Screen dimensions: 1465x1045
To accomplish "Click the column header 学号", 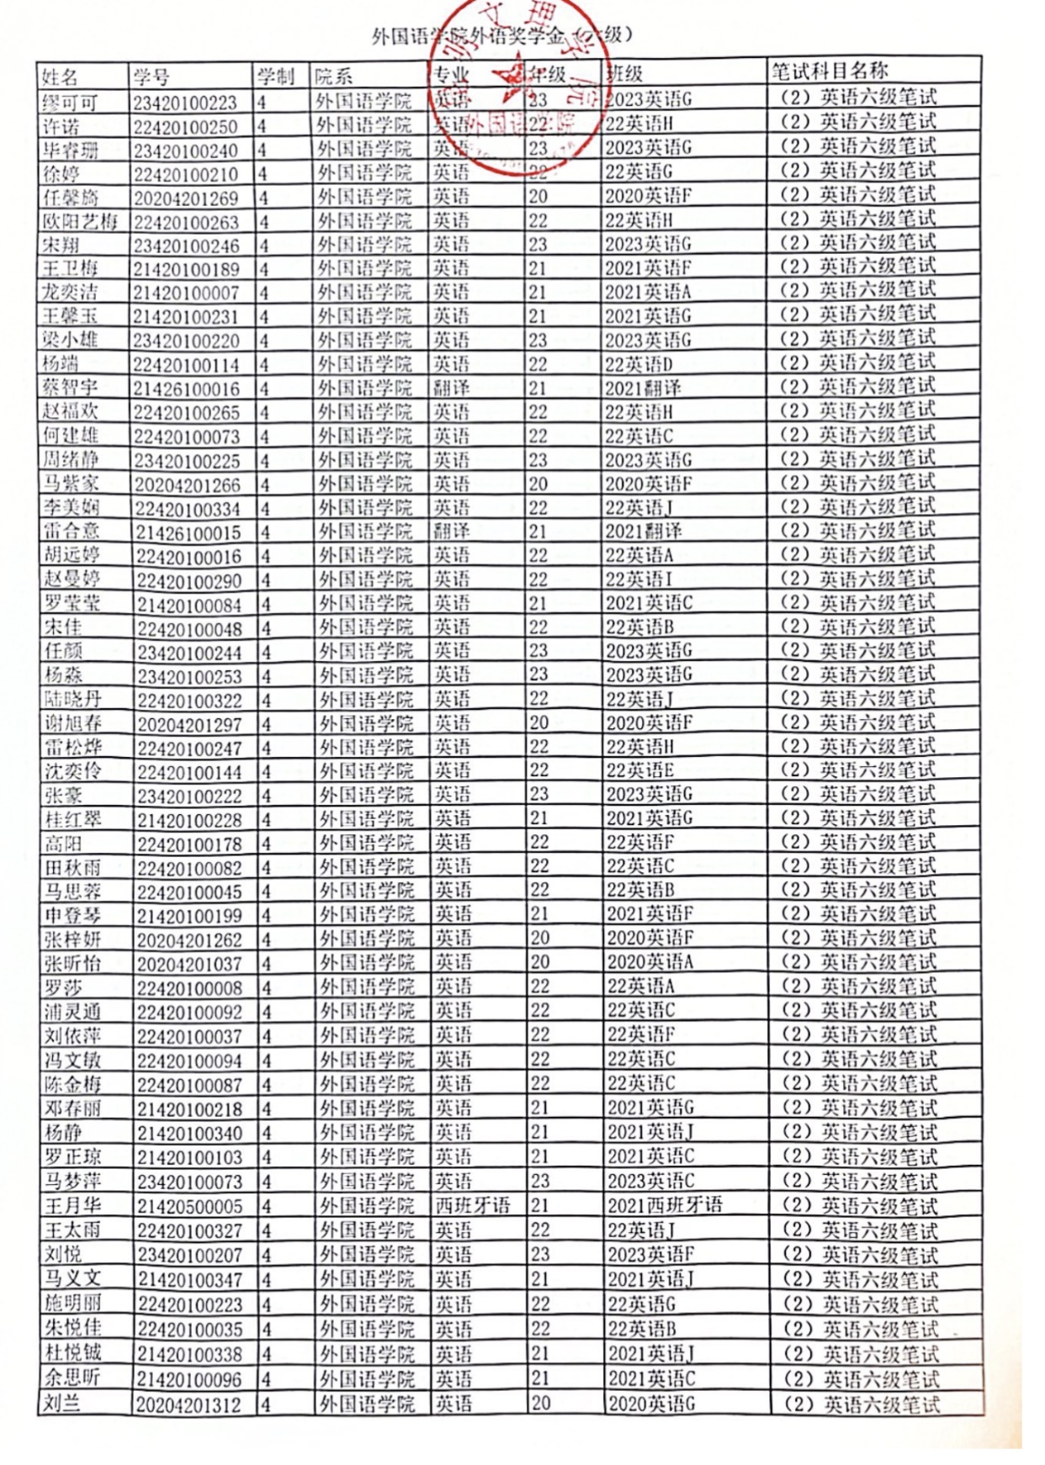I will pos(151,78).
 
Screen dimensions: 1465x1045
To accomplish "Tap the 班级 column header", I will pos(624,74).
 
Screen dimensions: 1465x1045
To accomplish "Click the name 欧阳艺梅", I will pos(81,222).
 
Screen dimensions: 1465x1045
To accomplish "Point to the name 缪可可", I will pos(70,103).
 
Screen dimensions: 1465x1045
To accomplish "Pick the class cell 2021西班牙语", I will pos(665,1205).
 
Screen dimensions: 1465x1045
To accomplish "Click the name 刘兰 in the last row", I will pos(62,1403).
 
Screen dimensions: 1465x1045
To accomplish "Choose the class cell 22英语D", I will pos(639,365).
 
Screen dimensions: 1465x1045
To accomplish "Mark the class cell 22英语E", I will pos(640,770).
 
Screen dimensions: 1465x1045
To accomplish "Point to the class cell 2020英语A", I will pos(650,962).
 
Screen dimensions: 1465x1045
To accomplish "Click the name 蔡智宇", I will pos(71,389).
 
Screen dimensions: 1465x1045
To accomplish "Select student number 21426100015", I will pos(188,533).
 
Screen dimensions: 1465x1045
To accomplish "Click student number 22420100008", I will pos(189,988).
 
